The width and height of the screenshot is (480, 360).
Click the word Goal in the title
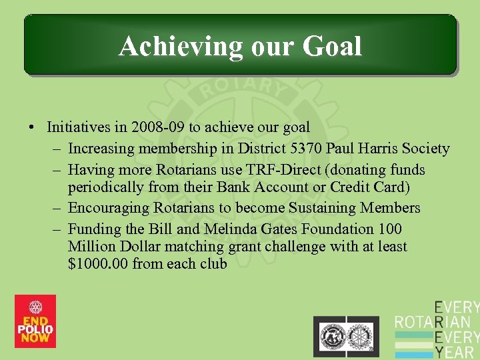tap(332, 47)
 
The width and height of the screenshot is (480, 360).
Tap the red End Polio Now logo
tap(35, 321)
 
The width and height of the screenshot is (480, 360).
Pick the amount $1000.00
tap(98, 263)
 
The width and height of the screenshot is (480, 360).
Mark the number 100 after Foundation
tap(389, 229)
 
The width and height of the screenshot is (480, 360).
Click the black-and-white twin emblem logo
tap(346, 333)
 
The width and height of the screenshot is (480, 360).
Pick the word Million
tap(92, 246)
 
